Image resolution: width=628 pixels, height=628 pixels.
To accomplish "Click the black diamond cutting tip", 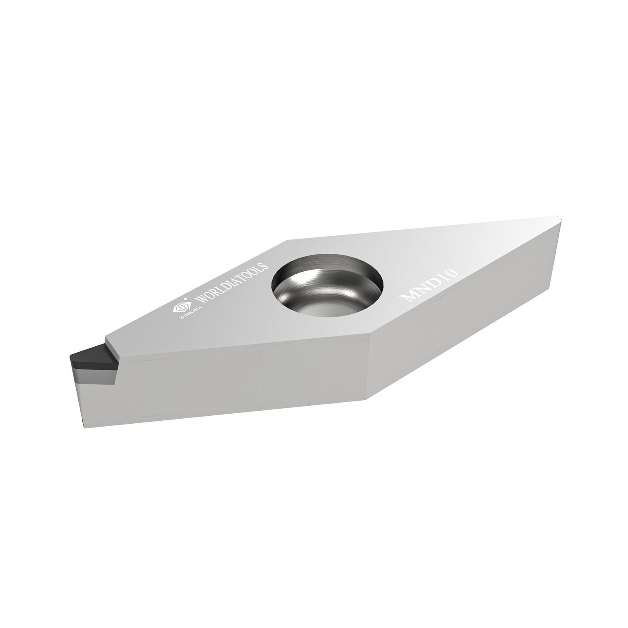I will coord(90,355).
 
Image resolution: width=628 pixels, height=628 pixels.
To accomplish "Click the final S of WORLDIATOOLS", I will coord(264,267).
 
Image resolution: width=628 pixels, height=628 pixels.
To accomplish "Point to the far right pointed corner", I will coord(560,218).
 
